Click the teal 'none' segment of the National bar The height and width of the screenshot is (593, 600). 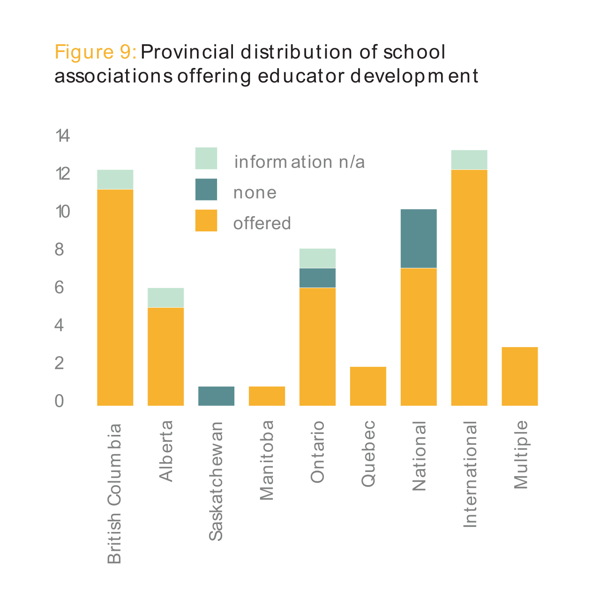[x=419, y=238]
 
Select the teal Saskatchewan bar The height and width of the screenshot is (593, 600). [x=216, y=396]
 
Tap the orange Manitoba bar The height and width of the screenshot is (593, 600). [x=267, y=396]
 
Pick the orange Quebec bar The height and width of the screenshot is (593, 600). [x=368, y=386]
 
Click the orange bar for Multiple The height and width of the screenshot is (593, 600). [x=519, y=376]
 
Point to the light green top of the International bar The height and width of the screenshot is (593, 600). [x=469, y=160]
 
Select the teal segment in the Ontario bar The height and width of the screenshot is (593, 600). [x=317, y=278]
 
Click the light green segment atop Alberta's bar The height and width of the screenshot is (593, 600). [x=165, y=297]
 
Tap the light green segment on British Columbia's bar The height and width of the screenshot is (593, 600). [x=115, y=179]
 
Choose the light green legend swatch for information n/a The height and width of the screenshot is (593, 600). [x=206, y=158]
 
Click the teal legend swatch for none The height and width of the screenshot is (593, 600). [x=206, y=189]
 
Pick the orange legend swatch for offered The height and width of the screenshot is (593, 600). [x=206, y=220]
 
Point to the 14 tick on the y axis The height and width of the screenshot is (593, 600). [x=62, y=136]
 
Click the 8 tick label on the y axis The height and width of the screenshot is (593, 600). [x=59, y=250]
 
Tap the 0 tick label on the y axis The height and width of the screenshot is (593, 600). [x=59, y=401]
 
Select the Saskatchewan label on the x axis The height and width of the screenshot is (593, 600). [x=216, y=481]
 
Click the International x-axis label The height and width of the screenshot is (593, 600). [x=470, y=474]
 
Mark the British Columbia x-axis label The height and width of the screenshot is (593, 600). [x=115, y=493]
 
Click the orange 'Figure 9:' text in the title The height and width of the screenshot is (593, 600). [x=95, y=52]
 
